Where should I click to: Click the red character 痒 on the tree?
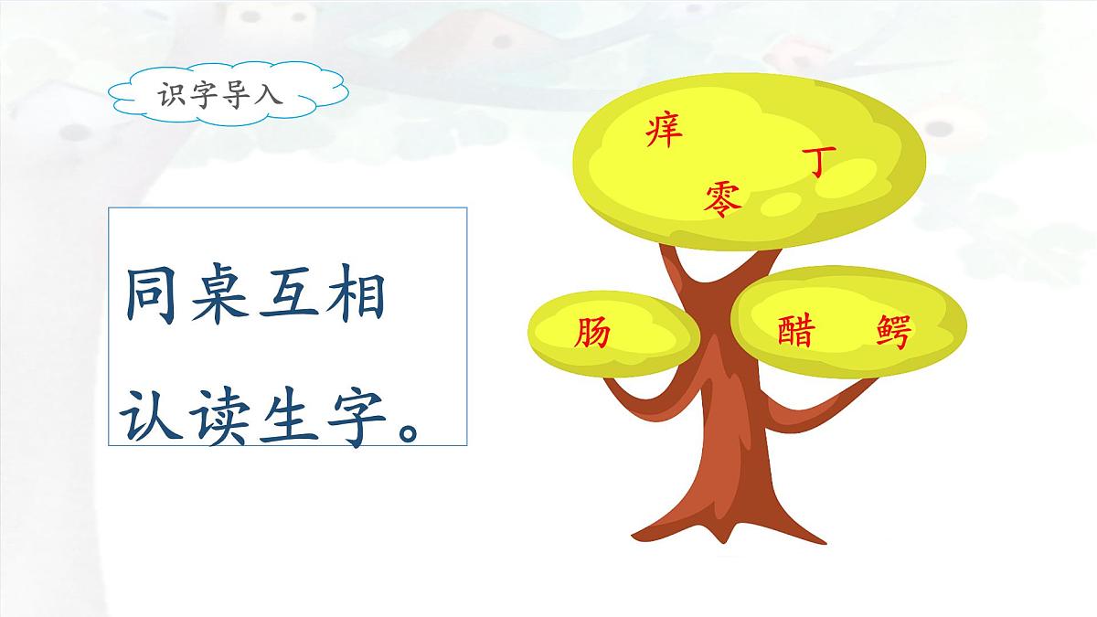(x=665, y=131)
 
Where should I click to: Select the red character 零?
(x=723, y=197)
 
